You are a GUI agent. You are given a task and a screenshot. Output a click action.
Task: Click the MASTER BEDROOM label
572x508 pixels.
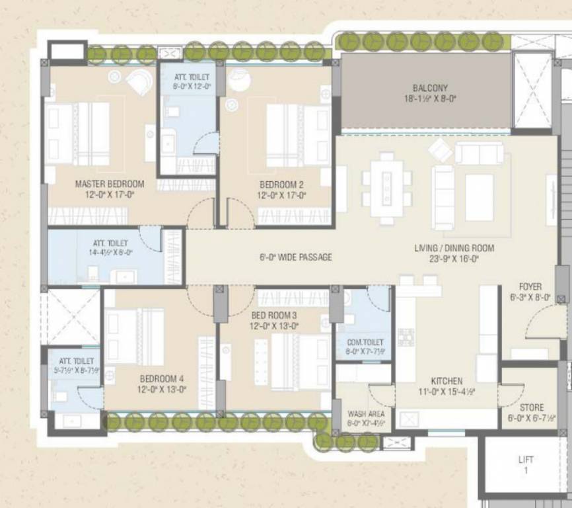tap(109, 184)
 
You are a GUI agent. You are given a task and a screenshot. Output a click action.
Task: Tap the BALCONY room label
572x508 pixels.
tap(430, 88)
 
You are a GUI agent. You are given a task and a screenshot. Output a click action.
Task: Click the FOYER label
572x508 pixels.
tap(530, 287)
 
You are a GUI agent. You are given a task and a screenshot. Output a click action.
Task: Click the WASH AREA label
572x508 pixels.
tap(365, 414)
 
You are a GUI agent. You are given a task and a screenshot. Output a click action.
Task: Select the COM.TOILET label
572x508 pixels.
tap(365, 342)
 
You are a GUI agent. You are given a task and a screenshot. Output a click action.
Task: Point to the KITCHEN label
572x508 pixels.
tap(447, 381)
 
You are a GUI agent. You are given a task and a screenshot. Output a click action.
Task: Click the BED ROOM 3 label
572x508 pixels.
tap(275, 316)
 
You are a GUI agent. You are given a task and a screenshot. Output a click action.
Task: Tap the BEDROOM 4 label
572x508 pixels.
tap(162, 379)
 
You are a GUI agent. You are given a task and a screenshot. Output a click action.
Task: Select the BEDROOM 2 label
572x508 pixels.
tap(281, 185)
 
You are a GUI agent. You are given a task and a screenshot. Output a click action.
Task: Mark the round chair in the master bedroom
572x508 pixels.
tap(139, 82)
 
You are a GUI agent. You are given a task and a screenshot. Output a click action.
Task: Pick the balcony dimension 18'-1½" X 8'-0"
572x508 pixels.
tap(430, 98)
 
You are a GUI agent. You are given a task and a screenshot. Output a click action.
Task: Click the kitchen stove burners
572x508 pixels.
tap(406, 337)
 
